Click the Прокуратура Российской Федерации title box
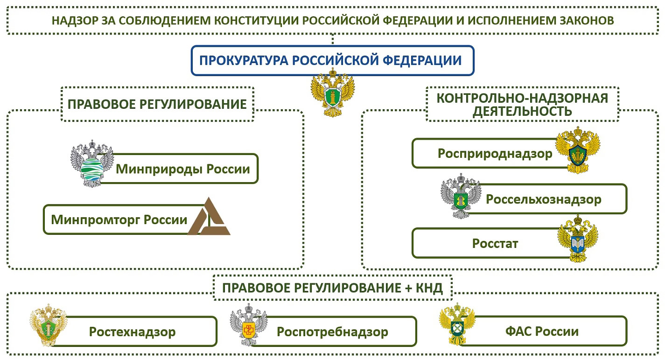332,60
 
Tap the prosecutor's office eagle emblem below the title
333,92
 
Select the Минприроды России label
183,169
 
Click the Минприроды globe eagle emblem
92,163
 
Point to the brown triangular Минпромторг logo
209,216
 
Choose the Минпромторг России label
119,220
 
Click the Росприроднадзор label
495,154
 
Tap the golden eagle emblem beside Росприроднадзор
577,150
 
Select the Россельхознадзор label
544,199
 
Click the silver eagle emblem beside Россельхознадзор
461,196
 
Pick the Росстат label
495,244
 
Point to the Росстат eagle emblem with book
577,239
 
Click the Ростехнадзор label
132,332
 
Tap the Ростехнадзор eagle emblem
49,325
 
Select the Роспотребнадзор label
332,332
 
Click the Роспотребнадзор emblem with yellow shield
249,325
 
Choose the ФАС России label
542,331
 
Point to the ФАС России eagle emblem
457,324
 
